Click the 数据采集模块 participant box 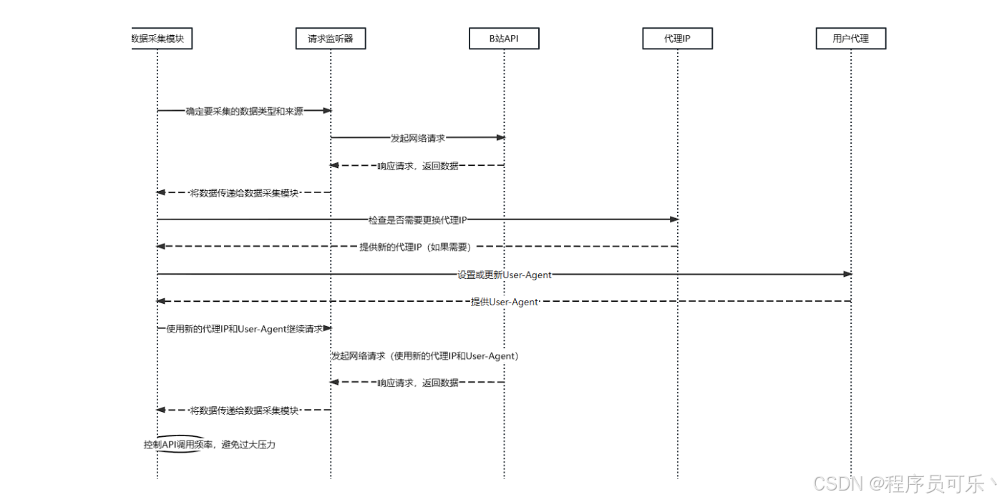pyautogui.click(x=157, y=39)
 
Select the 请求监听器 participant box pyautogui.click(x=331, y=39)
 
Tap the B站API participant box pyautogui.click(x=504, y=39)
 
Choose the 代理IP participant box pyautogui.click(x=677, y=39)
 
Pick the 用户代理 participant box pyautogui.click(x=850, y=39)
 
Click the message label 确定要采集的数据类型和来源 pyautogui.click(x=244, y=112)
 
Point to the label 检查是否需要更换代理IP pyautogui.click(x=417, y=220)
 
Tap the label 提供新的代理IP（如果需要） pyautogui.click(x=417, y=247)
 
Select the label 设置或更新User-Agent pyautogui.click(x=505, y=275)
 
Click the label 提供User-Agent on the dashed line pyautogui.click(x=504, y=302)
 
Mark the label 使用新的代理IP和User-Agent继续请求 pyautogui.click(x=244, y=329)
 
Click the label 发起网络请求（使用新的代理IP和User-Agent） pyautogui.click(x=424, y=355)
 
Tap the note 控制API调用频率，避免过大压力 pyautogui.click(x=209, y=445)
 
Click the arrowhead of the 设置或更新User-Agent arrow pyautogui.click(x=847, y=274)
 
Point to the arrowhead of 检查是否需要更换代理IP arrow pyautogui.click(x=673, y=220)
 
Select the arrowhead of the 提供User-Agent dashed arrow pyautogui.click(x=161, y=301)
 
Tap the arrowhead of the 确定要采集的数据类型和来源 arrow pyautogui.click(x=327, y=111)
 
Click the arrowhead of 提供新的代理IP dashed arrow pyautogui.click(x=161, y=247)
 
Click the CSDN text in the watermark pyautogui.click(x=838, y=483)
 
